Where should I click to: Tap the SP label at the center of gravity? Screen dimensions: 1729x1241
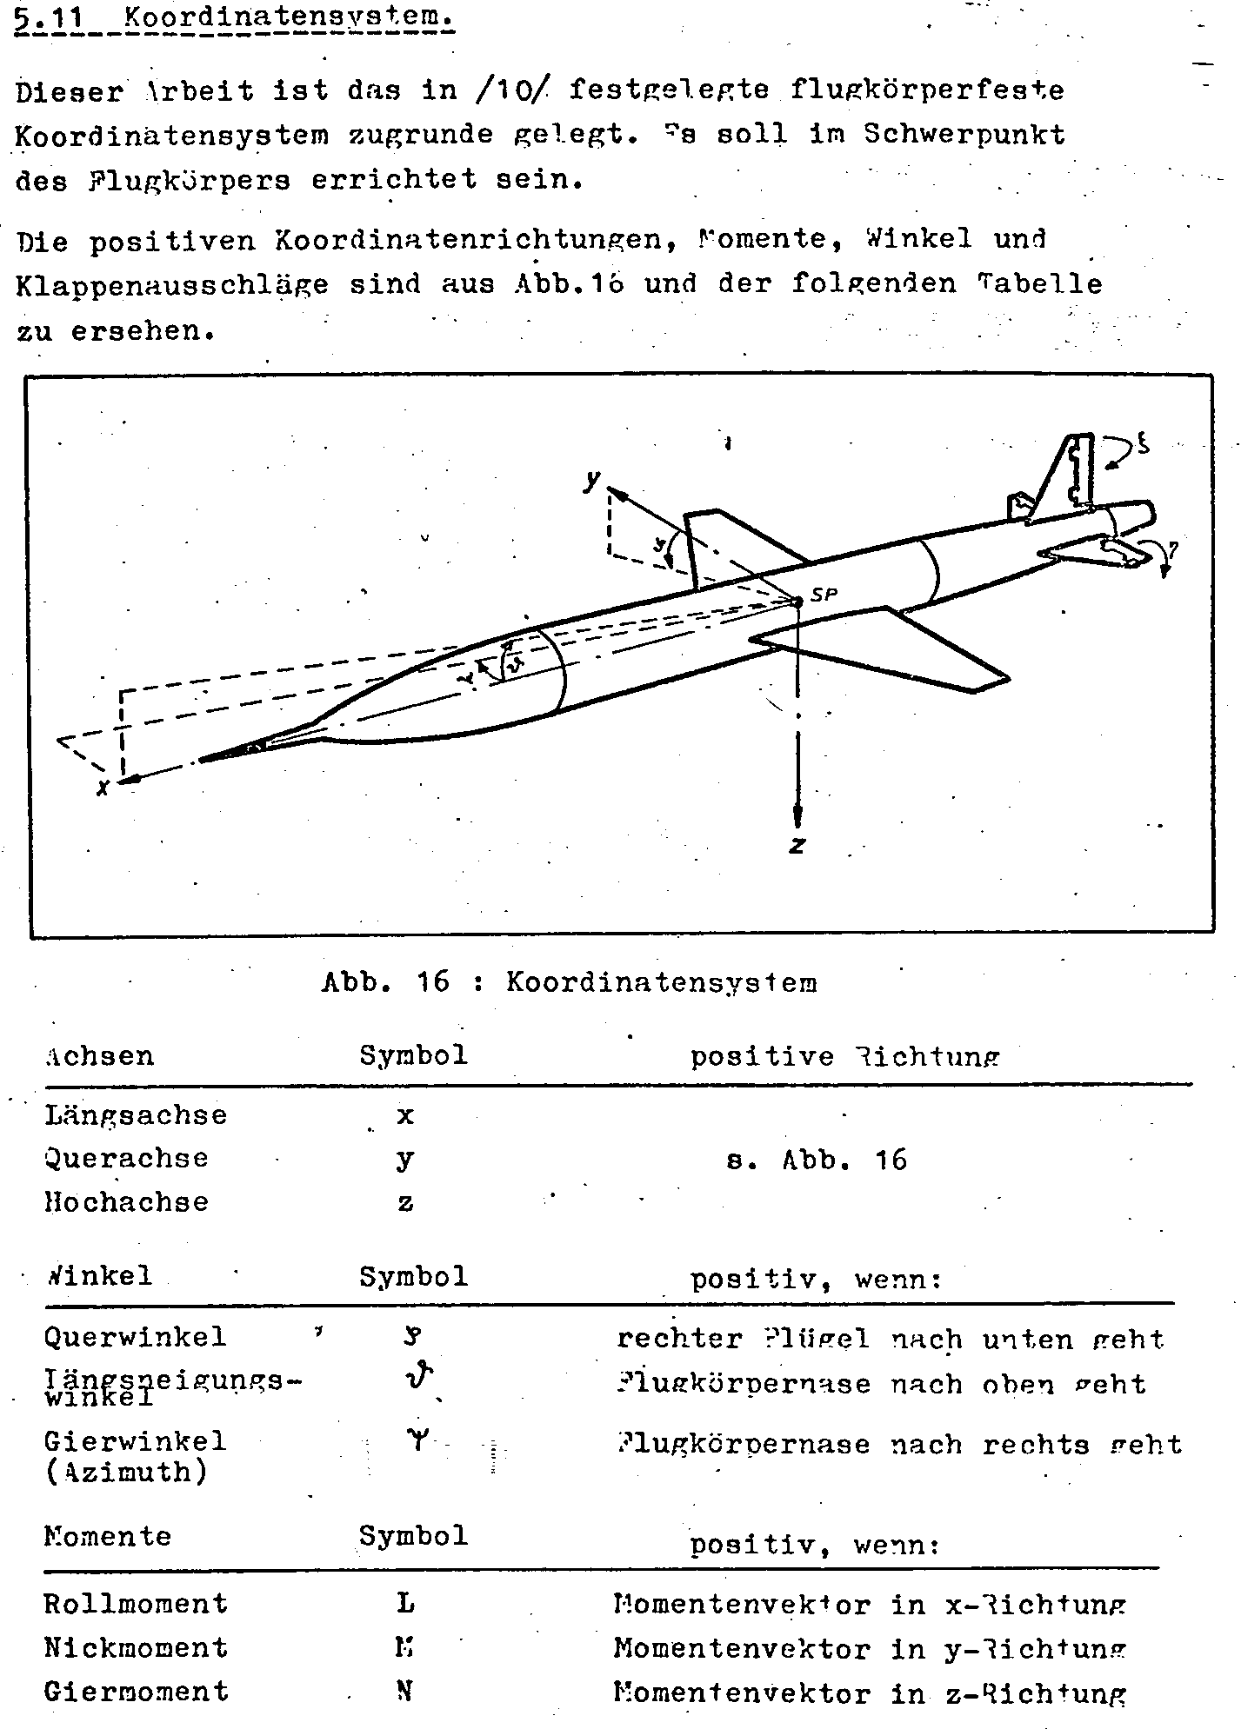coord(823,595)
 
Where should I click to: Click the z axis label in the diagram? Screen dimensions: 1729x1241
coord(797,845)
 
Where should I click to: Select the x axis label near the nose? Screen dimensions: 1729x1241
coord(103,788)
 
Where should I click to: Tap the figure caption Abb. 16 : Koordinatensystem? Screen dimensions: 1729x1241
coord(569,982)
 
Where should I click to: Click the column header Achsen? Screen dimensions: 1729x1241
coord(99,1056)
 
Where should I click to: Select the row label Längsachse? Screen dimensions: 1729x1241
coord(136,1115)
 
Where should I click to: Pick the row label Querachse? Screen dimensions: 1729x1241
coord(127,1158)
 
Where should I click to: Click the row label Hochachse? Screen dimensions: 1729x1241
coord(127,1202)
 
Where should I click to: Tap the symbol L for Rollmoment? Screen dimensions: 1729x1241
coord(405,1604)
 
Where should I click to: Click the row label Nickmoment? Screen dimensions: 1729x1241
coord(136,1647)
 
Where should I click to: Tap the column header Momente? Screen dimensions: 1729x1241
coord(108,1536)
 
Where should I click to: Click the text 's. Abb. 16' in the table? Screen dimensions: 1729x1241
coord(817,1160)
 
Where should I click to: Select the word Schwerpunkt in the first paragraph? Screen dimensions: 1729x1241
coord(964,135)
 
